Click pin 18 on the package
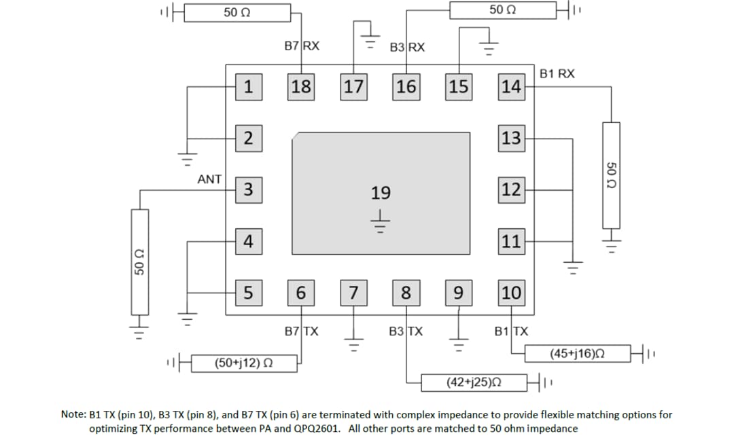click(300, 87)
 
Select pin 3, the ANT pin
click(249, 189)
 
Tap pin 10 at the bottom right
click(511, 293)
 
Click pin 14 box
click(511, 87)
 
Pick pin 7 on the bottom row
click(353, 293)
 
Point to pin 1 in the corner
click(249, 87)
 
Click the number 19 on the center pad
click(381, 194)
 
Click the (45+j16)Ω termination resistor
click(577, 353)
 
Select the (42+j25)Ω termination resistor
click(474, 382)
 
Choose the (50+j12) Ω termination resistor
click(244, 363)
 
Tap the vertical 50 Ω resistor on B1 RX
click(611, 175)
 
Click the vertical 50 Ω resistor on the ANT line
click(140, 261)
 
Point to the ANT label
click(209, 179)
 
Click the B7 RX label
click(302, 47)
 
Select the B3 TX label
click(406, 332)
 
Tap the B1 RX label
click(557, 73)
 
